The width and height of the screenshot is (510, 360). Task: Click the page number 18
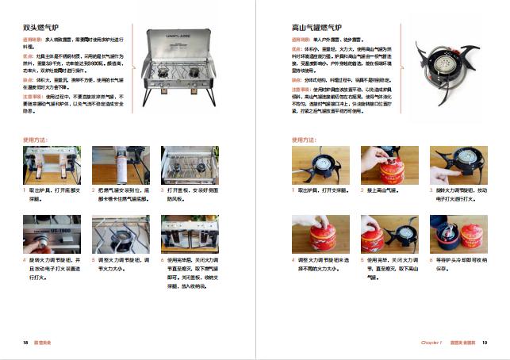point(25,342)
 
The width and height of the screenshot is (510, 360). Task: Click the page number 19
point(484,342)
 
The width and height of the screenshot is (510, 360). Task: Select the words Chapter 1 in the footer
point(431,342)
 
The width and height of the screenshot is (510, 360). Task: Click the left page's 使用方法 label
point(35,140)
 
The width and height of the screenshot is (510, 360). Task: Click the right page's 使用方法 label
point(305,140)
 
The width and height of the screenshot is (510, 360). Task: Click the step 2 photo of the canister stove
point(389,165)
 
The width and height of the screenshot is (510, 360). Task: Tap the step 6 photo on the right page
point(458,234)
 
